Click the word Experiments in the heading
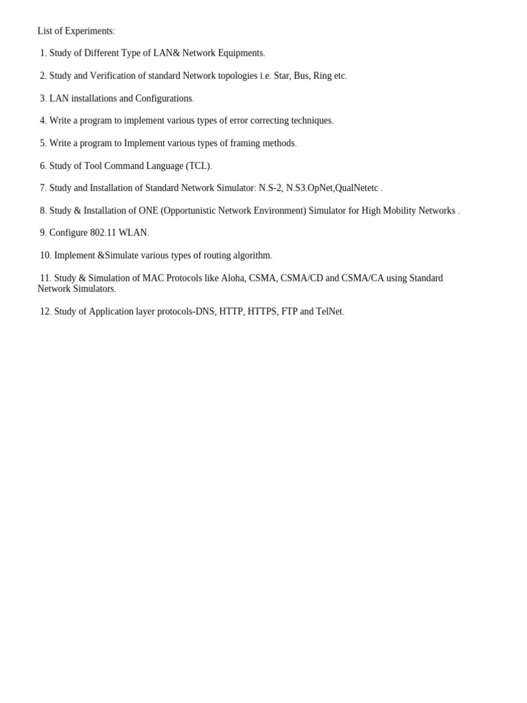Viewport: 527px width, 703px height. (x=89, y=31)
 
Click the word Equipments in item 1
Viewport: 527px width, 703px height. (x=239, y=53)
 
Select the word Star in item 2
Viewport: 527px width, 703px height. (x=282, y=76)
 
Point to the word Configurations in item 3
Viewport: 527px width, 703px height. (x=163, y=98)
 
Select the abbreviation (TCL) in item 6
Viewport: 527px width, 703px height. (x=198, y=166)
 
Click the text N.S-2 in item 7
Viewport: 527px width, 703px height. (x=270, y=188)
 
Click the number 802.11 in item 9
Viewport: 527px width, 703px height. (x=103, y=233)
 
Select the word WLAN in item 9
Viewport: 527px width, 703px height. (x=133, y=233)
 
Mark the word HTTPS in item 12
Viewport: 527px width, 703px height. (x=263, y=312)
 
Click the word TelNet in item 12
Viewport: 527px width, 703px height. (x=329, y=312)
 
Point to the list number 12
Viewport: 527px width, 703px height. (x=45, y=312)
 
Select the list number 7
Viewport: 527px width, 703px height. (x=43, y=188)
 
